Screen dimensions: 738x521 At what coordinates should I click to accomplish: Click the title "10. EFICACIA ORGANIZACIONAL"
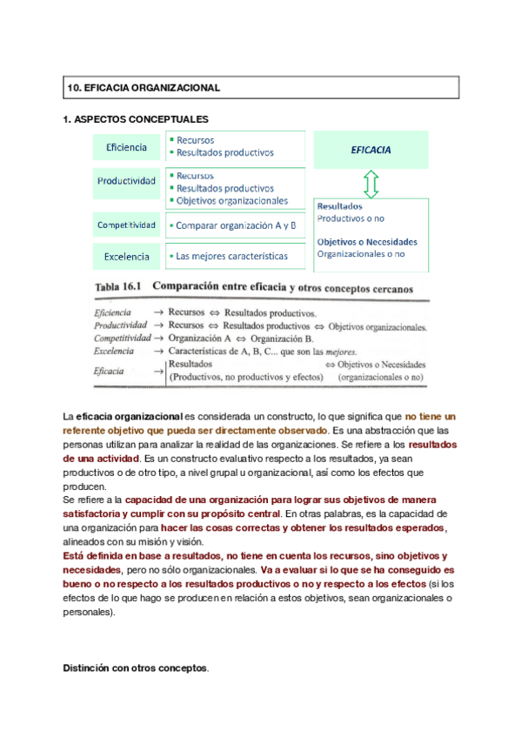click(144, 88)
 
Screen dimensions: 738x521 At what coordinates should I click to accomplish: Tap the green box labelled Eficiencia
click(126, 148)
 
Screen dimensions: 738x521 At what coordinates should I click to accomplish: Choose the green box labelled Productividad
click(126, 182)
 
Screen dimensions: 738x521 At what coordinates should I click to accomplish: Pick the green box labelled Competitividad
click(126, 225)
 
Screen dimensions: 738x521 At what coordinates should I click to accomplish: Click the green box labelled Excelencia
click(126, 257)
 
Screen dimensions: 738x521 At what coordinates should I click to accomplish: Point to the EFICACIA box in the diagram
click(371, 150)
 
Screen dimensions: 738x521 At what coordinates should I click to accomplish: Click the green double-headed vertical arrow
click(371, 184)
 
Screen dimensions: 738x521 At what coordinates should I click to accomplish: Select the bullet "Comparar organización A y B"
click(235, 225)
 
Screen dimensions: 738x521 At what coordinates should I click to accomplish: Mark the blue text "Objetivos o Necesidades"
click(366, 242)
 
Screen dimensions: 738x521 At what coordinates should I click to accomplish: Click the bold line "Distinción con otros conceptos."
click(136, 668)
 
